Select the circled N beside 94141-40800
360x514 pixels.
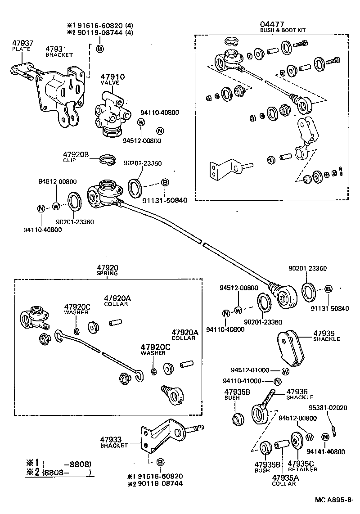[325, 437]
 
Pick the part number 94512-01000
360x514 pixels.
[250, 370]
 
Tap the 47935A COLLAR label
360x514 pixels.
[284, 480]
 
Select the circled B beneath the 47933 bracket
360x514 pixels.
[160, 462]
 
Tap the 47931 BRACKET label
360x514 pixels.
[59, 51]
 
